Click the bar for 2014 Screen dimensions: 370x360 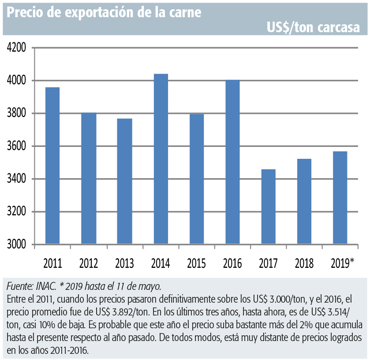tap(161, 159)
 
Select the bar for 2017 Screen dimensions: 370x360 tap(269, 206)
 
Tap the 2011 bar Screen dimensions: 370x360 tap(52, 165)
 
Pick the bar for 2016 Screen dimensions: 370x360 tap(233, 162)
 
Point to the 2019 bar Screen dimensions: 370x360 tap(340, 198)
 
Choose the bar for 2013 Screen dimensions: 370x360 tap(125, 181)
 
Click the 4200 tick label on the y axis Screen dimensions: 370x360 tap(16, 48)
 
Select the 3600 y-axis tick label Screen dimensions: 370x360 tap(16, 146)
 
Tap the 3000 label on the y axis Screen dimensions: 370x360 tap(16, 244)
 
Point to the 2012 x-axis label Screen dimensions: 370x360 tap(89, 263)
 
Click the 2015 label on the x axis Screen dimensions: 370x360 tap(196, 263)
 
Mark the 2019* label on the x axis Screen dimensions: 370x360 tap(343, 263)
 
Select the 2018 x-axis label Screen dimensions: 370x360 tap(304, 263)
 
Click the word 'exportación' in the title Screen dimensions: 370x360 tap(99, 13)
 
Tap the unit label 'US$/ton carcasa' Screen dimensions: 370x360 tap(314, 28)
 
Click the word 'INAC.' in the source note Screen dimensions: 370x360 tap(46, 286)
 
